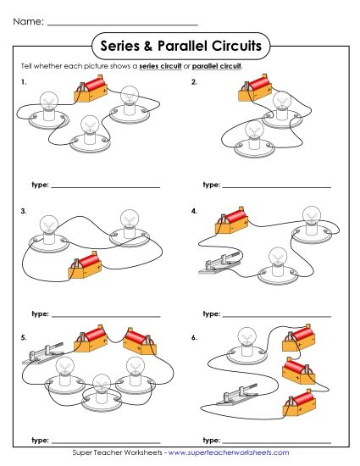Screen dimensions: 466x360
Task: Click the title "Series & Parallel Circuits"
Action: pos(180,44)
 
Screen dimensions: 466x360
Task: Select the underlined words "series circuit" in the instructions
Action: pos(160,66)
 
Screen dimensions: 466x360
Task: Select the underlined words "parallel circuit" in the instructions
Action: pos(217,66)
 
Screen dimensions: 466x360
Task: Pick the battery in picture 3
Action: pos(82,269)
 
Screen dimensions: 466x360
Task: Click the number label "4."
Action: pos(194,210)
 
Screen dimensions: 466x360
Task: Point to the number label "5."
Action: pos(25,337)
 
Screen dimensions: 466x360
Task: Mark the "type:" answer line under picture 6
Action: pos(276,441)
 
